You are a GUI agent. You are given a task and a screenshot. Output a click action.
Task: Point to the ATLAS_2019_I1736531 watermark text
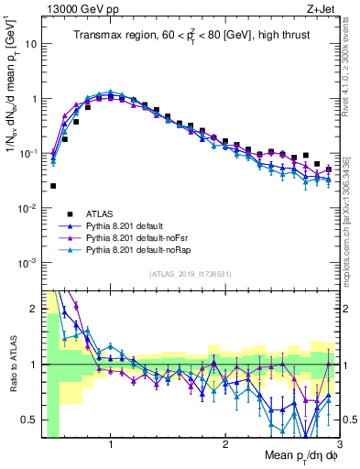pyautogui.click(x=190, y=274)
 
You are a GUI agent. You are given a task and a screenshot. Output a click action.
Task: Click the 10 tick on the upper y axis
pyautogui.click(x=29, y=44)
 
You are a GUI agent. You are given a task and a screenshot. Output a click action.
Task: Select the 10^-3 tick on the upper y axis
pyautogui.click(x=27, y=263)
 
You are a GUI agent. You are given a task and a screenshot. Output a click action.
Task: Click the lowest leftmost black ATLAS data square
pyautogui.click(x=53, y=186)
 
